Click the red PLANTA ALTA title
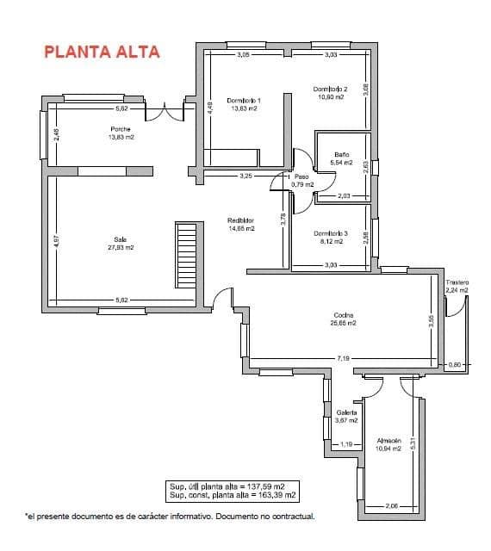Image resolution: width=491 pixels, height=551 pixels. point(103,51)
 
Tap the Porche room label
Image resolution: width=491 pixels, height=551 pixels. point(121,129)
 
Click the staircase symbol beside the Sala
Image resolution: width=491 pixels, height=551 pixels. point(187,256)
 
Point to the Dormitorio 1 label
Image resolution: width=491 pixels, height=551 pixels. point(244,101)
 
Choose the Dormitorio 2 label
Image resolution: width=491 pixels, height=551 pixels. point(330,89)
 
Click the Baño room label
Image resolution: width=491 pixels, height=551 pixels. point(342,155)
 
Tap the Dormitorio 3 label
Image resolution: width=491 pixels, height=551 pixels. point(330,233)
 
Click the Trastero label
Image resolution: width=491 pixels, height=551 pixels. point(457,282)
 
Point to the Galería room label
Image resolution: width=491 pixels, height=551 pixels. point(346,412)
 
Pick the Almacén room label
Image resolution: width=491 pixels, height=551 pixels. point(389,441)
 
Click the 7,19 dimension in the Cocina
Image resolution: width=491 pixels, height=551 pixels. point(344,357)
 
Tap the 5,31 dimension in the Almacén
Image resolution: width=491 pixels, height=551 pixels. point(413,443)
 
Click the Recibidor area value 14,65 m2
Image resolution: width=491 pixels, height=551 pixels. point(240,229)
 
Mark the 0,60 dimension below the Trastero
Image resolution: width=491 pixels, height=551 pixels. point(457,365)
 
